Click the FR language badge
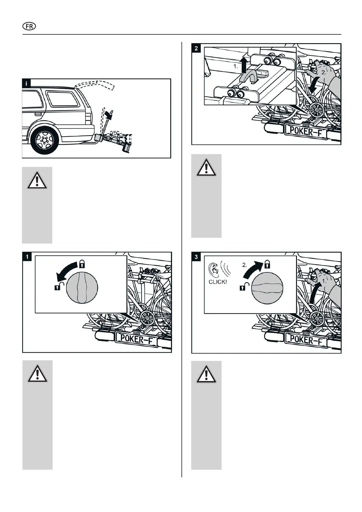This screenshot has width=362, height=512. [x=29, y=26]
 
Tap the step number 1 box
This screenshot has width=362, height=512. [x=27, y=257]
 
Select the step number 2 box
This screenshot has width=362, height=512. [x=196, y=48]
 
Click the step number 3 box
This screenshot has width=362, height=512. [x=196, y=257]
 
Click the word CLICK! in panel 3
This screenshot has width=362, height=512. [x=218, y=282]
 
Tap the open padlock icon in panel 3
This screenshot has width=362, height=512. [x=243, y=286]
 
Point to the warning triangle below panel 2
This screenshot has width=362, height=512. [x=206, y=168]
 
